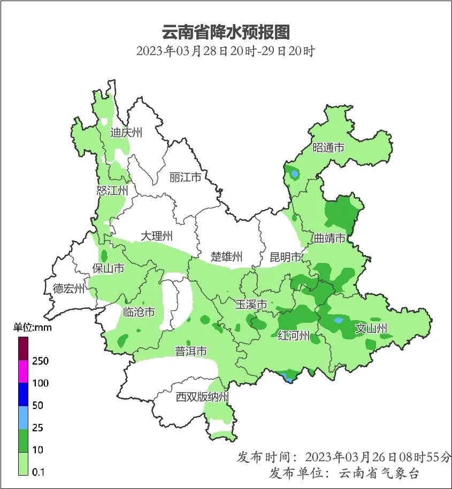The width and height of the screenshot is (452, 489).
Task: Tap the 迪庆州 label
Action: click(x=126, y=133)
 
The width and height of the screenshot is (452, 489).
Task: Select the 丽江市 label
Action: click(x=185, y=177)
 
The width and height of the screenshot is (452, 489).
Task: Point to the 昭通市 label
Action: click(x=328, y=148)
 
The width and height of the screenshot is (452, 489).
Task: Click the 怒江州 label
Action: click(x=113, y=191)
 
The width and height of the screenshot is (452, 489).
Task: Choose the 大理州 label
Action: click(x=157, y=236)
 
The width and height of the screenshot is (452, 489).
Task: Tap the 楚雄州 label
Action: click(x=227, y=257)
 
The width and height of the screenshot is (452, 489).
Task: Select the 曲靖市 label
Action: click(x=330, y=238)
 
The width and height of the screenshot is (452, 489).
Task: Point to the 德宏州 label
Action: click(x=69, y=289)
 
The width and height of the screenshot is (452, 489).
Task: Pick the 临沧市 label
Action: click(x=139, y=312)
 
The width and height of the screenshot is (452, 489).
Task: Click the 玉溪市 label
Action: click(x=251, y=305)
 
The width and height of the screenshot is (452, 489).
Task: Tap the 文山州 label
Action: click(x=371, y=328)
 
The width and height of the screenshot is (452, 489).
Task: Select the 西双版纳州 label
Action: click(x=203, y=397)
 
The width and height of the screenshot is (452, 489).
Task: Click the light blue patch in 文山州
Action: click(x=338, y=321)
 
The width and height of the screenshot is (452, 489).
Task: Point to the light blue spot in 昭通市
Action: click(x=294, y=174)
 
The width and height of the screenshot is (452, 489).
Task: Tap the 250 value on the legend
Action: click(x=40, y=361)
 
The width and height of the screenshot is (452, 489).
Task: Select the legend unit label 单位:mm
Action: click(x=32, y=328)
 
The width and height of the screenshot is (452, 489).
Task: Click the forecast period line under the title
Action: click(x=226, y=52)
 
